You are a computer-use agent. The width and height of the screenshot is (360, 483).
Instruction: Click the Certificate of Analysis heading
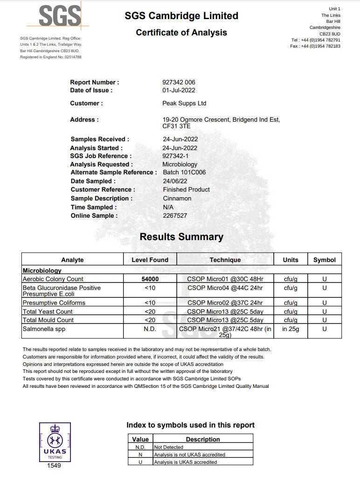click(181, 32)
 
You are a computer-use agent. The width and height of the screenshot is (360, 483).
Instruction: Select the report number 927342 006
click(179, 82)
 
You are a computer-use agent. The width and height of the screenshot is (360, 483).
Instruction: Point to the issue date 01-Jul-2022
click(179, 90)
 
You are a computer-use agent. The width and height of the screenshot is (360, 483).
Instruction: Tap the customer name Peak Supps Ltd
click(184, 103)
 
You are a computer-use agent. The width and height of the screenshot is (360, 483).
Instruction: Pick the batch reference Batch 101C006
click(184, 172)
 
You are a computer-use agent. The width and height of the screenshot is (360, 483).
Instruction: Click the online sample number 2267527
click(174, 215)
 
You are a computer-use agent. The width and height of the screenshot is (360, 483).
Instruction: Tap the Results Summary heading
click(181, 237)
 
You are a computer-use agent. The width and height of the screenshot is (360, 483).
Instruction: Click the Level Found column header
click(150, 260)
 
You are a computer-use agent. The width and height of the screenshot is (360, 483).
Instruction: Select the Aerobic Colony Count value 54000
click(150, 279)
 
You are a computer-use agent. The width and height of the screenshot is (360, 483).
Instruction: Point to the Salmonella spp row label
click(45, 329)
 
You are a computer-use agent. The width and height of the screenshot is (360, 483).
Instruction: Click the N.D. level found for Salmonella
click(150, 329)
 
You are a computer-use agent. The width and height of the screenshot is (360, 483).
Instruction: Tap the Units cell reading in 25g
click(291, 329)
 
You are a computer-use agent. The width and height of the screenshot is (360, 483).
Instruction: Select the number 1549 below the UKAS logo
click(54, 465)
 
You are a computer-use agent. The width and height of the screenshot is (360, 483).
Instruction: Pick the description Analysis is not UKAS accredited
click(189, 455)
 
